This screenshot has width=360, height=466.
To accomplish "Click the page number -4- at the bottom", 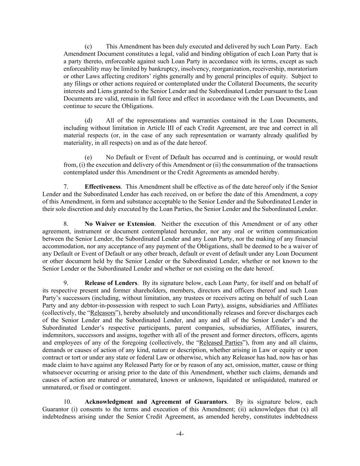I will pyautogui.click(x=180, y=434).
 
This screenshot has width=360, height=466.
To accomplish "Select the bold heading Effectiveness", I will pyautogui.click(x=102, y=187).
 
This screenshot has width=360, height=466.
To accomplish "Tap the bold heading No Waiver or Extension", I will pyautogui.click(x=119, y=224).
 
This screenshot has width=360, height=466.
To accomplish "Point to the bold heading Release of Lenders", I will pyautogui.click(x=111, y=283).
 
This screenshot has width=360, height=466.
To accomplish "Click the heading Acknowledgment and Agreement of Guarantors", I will pyautogui.click(x=155, y=402).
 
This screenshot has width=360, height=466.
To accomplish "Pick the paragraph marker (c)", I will pyautogui.click(x=88, y=46).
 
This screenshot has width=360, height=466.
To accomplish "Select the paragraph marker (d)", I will pyautogui.click(x=88, y=121).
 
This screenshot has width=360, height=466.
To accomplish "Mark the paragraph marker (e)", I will pyautogui.click(x=88, y=157).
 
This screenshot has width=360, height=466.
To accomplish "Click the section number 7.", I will pyautogui.click(x=66, y=187).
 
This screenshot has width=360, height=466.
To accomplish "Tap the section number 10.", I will pyautogui.click(x=67, y=402).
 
